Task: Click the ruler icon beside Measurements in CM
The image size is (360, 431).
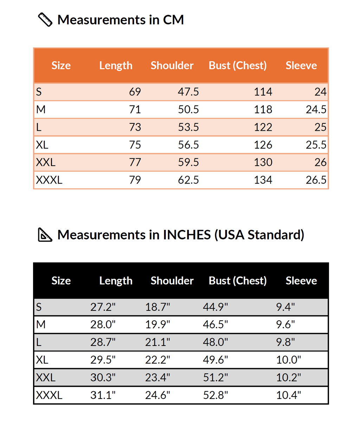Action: point(45,20)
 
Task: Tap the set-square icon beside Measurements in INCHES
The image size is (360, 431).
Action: point(45,235)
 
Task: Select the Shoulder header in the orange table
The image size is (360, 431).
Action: point(172,66)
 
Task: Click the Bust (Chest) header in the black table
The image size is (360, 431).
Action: point(238,281)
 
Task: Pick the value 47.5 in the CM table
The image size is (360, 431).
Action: point(188,92)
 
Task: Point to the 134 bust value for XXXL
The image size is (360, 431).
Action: point(263,180)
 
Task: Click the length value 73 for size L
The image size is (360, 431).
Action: point(135,127)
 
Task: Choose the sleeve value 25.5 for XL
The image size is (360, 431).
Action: point(316,145)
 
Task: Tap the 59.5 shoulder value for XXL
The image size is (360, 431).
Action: point(188,162)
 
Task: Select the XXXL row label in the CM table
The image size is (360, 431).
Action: point(49,180)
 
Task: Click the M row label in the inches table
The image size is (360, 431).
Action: point(41,324)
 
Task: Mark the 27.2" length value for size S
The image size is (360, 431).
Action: point(103,307)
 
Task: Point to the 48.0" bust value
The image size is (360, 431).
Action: point(216,342)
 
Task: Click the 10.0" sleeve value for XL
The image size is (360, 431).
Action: point(289,360)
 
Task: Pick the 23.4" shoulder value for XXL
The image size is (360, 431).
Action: point(158,378)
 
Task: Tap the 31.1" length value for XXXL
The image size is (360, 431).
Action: point(103,395)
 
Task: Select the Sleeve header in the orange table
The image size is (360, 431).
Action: point(301,66)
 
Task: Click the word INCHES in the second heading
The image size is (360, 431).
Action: point(187,235)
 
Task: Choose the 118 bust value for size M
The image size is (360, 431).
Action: point(263,110)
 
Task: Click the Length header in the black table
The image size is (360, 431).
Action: point(116,281)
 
